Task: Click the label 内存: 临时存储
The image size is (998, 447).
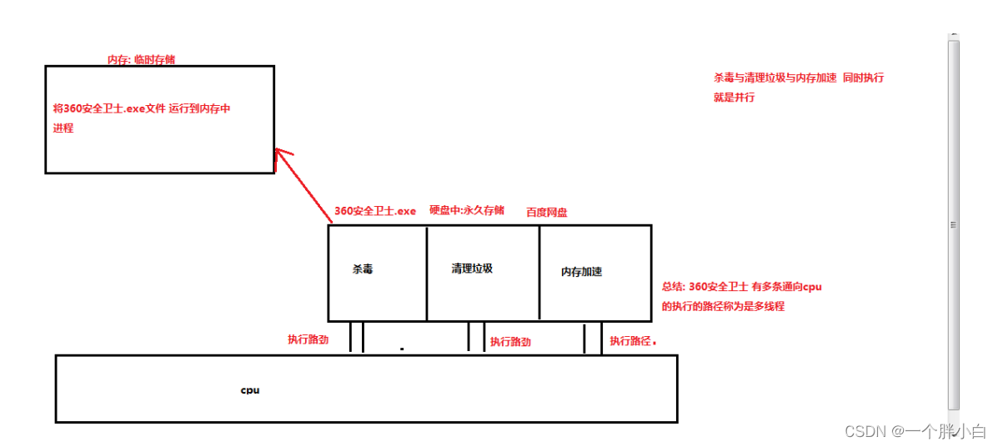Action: tap(142, 60)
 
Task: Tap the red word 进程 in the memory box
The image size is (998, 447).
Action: tap(63, 128)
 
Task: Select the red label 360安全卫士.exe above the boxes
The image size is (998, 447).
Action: tap(374, 211)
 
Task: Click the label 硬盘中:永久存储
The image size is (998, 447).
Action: tap(467, 210)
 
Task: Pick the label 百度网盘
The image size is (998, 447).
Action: tap(547, 213)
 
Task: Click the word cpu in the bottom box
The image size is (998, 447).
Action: tap(250, 389)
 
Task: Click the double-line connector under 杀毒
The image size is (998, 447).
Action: tap(357, 337)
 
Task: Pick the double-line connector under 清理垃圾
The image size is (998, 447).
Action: tap(476, 337)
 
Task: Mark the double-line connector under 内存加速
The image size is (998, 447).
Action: tap(593, 338)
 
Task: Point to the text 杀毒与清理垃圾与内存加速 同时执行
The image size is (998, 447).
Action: tap(799, 78)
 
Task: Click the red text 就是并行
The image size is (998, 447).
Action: tap(735, 98)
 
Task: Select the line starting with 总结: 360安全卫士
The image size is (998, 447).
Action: tap(742, 287)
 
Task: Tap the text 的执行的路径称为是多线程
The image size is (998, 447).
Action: tap(723, 306)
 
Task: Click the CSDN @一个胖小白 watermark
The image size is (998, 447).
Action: tap(915, 431)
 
